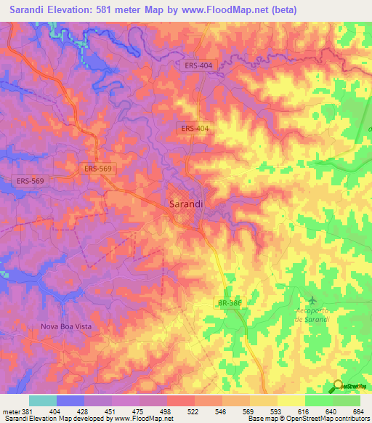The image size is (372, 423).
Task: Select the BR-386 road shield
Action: [229, 303]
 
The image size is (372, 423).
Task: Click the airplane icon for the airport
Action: [312, 299]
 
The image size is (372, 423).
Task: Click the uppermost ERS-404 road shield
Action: [198, 65]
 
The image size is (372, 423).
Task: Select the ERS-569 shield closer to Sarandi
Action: [98, 168]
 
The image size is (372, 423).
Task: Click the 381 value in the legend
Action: [30, 411]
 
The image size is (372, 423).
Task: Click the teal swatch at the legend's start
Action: [43, 400]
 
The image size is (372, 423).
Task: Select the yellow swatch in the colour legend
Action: [291, 400]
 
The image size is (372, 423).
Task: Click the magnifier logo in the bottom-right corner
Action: [339, 386]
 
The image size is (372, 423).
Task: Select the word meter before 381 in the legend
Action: [10, 411]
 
